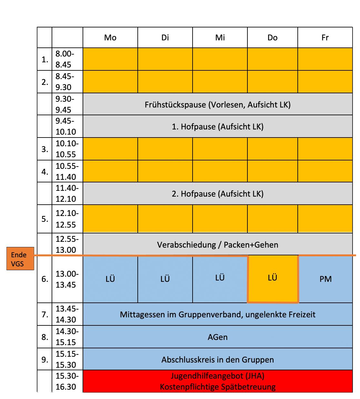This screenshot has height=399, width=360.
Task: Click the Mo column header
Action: [x=110, y=38]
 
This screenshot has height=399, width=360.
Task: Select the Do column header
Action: [x=273, y=38]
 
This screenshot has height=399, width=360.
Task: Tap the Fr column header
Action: [x=325, y=38]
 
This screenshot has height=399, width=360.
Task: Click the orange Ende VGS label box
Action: [x=20, y=259]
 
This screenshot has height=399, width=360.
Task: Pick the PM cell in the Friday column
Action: [x=325, y=279]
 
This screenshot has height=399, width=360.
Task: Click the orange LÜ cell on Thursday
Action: [x=273, y=278]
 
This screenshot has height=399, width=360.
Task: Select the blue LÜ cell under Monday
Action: [x=110, y=279]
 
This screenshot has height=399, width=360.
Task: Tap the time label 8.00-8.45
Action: [x=65, y=59]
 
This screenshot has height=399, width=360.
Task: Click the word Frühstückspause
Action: [x=175, y=105]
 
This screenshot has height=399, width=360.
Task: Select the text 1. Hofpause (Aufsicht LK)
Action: [x=218, y=127]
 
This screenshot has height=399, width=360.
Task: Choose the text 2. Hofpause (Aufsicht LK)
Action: [x=218, y=194]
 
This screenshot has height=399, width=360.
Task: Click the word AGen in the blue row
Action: [x=218, y=337]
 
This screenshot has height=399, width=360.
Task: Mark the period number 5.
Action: [x=45, y=219]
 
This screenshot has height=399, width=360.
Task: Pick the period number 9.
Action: [x=45, y=359]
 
